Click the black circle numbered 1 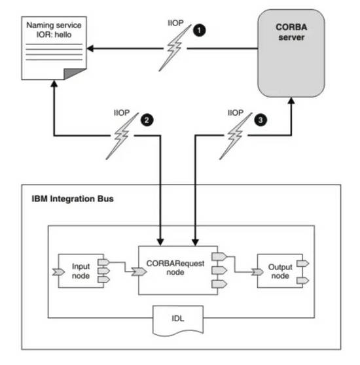199,31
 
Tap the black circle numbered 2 147,120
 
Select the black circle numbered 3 261,120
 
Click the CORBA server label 291,32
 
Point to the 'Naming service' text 54,25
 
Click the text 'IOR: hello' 54,35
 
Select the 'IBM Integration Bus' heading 73,199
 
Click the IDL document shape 178,321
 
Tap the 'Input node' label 81,271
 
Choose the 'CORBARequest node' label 175,268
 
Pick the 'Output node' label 280,271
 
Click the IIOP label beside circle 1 175,23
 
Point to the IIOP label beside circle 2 122,113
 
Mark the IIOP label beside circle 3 236,113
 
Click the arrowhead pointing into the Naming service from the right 90,48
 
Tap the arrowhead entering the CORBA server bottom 291,101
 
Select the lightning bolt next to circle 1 175,48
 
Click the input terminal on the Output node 257,271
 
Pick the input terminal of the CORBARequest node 139,271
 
